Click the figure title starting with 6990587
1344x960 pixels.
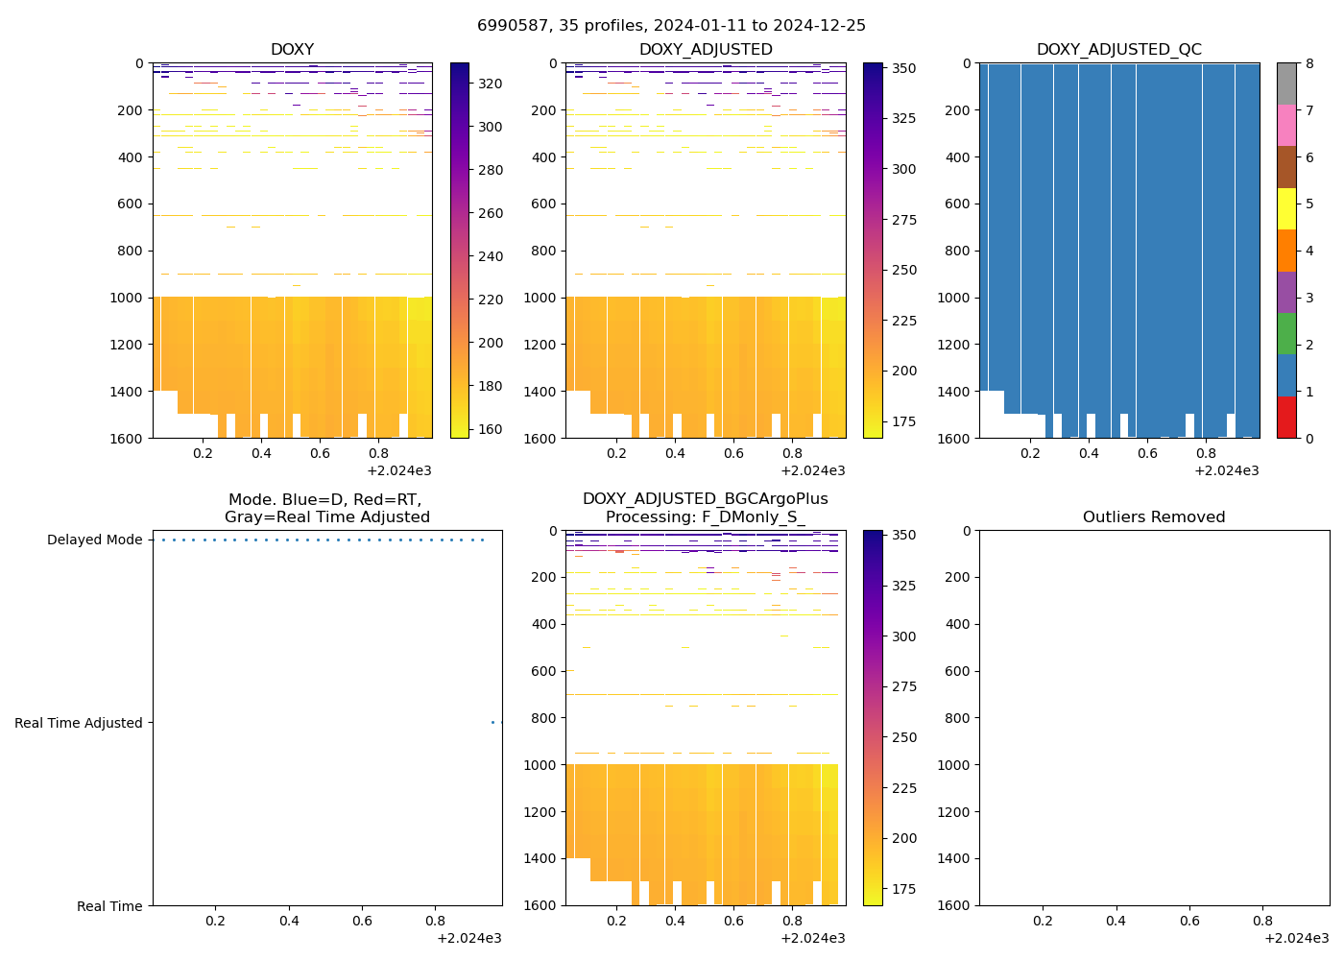(671, 26)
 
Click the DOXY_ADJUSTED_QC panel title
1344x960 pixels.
(1118, 50)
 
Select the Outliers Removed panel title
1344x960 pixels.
(1154, 517)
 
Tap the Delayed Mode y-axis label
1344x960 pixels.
(94, 540)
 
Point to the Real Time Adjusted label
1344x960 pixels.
(78, 724)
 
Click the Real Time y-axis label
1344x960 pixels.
(109, 906)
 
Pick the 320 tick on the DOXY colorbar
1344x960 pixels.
(491, 84)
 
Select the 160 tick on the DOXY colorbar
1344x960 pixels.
(491, 429)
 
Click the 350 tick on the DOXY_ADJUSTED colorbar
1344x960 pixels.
(903, 68)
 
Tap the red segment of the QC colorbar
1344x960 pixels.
(1286, 418)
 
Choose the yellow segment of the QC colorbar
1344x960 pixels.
(1286, 209)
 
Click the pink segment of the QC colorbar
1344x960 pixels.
(1286, 126)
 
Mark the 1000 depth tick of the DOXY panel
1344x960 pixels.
(127, 298)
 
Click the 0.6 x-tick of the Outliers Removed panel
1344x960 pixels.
(1189, 921)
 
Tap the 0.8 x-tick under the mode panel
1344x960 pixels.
(435, 921)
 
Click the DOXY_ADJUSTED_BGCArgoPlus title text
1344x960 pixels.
(705, 499)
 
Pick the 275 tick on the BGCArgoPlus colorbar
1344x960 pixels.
(903, 687)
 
